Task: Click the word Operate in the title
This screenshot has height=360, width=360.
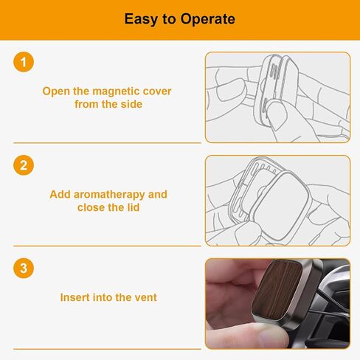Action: tap(208, 19)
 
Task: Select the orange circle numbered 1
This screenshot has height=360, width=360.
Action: tap(24, 62)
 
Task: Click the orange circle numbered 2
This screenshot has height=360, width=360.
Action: tap(24, 165)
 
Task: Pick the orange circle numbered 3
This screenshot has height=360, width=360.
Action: tap(24, 268)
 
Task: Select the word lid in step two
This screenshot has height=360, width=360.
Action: tap(134, 207)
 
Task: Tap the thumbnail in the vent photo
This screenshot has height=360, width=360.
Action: tap(271, 334)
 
